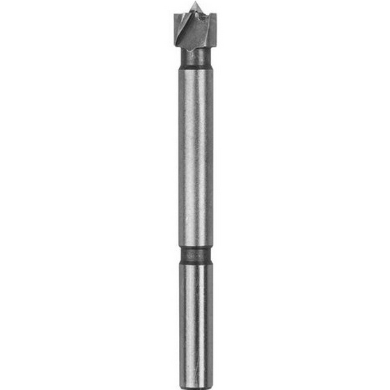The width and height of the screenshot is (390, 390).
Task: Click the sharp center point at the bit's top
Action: pyautogui.click(x=195, y=8)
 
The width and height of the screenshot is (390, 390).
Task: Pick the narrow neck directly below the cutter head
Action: pyautogui.click(x=195, y=56)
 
